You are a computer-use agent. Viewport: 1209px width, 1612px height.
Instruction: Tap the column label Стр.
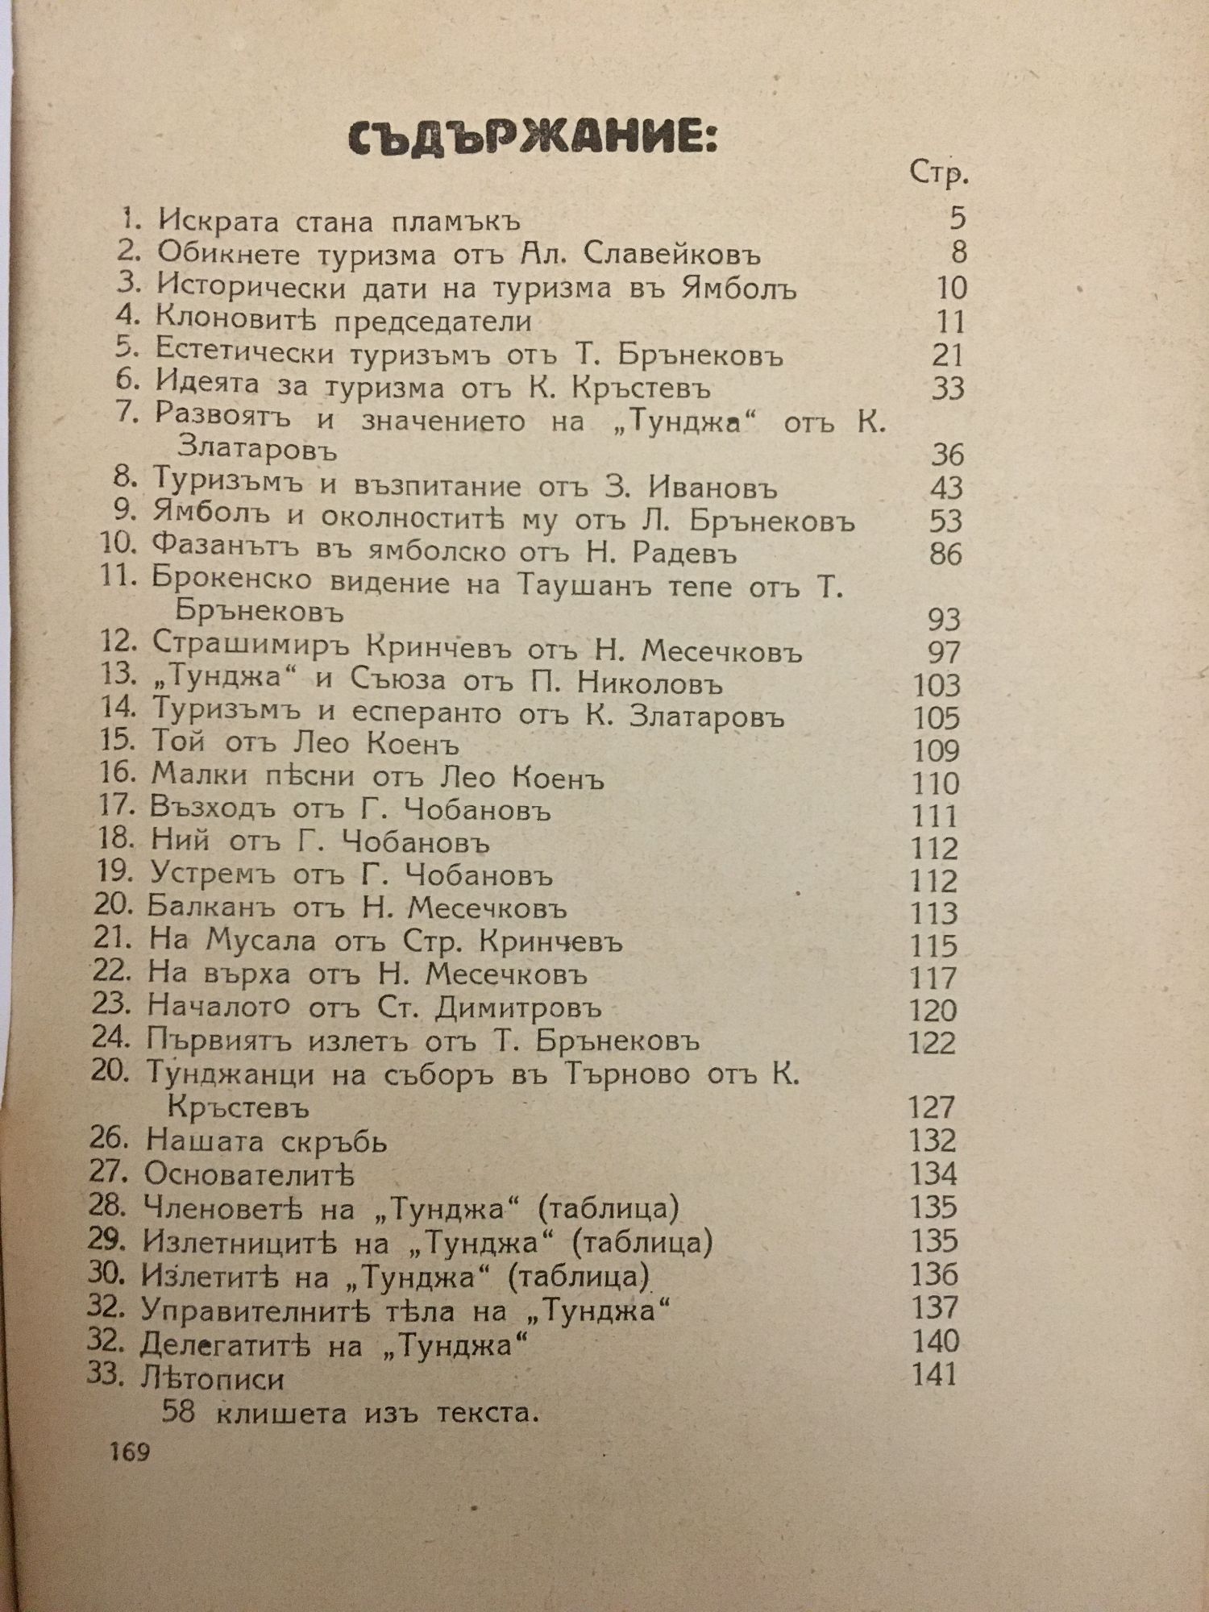click(x=938, y=173)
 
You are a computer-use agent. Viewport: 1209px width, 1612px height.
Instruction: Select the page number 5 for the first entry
click(x=957, y=218)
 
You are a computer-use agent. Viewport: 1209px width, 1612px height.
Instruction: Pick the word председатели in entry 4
click(x=433, y=322)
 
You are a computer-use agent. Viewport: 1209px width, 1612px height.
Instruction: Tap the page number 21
click(x=947, y=355)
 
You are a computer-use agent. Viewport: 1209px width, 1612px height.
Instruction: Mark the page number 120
click(x=933, y=1011)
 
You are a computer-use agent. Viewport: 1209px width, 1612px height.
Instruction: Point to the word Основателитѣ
click(x=249, y=1175)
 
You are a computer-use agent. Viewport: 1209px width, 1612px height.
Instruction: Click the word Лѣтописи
click(x=212, y=1379)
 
